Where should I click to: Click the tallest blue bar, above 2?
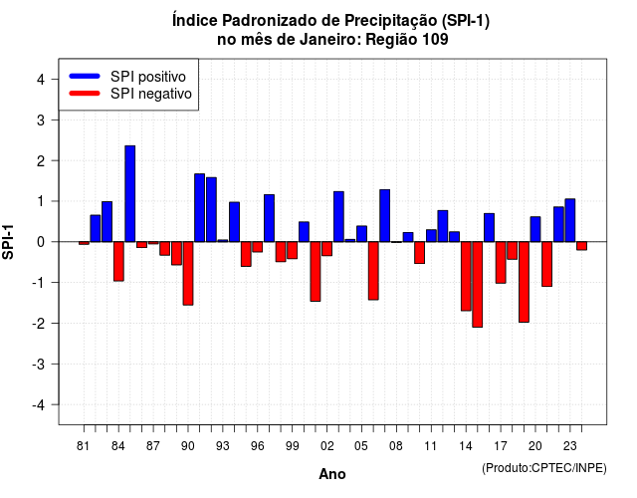(130, 193)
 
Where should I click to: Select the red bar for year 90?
(188, 273)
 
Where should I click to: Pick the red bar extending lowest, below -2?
(478, 284)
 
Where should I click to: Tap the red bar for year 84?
(118, 261)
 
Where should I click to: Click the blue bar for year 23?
(570, 220)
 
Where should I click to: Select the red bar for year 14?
(466, 276)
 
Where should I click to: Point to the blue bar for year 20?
(535, 229)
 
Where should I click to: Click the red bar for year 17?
(501, 262)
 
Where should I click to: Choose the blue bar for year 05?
(361, 234)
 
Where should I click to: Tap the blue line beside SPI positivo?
(85, 76)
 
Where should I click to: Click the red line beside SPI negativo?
(85, 94)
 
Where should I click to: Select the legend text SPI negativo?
(151, 94)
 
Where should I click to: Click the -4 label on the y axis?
(39, 405)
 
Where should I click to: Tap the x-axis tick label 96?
(258, 446)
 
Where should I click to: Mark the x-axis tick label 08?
(396, 446)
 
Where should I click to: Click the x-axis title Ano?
(332, 474)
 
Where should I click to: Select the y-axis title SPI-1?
(8, 242)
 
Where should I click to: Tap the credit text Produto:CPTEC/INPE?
(544, 468)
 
